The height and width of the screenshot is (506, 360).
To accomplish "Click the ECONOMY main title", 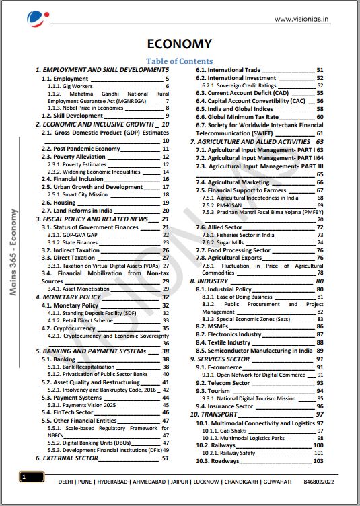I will (179, 44).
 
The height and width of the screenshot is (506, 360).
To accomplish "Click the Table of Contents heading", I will (179, 61).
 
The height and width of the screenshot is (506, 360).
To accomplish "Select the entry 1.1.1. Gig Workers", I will (71, 87).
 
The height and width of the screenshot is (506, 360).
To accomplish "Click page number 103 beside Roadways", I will (318, 461).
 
